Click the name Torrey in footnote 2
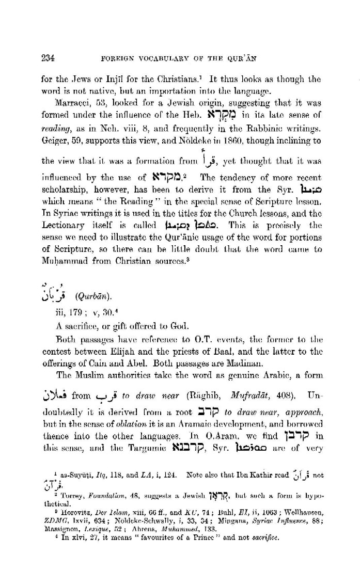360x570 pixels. click(x=65, y=499)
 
